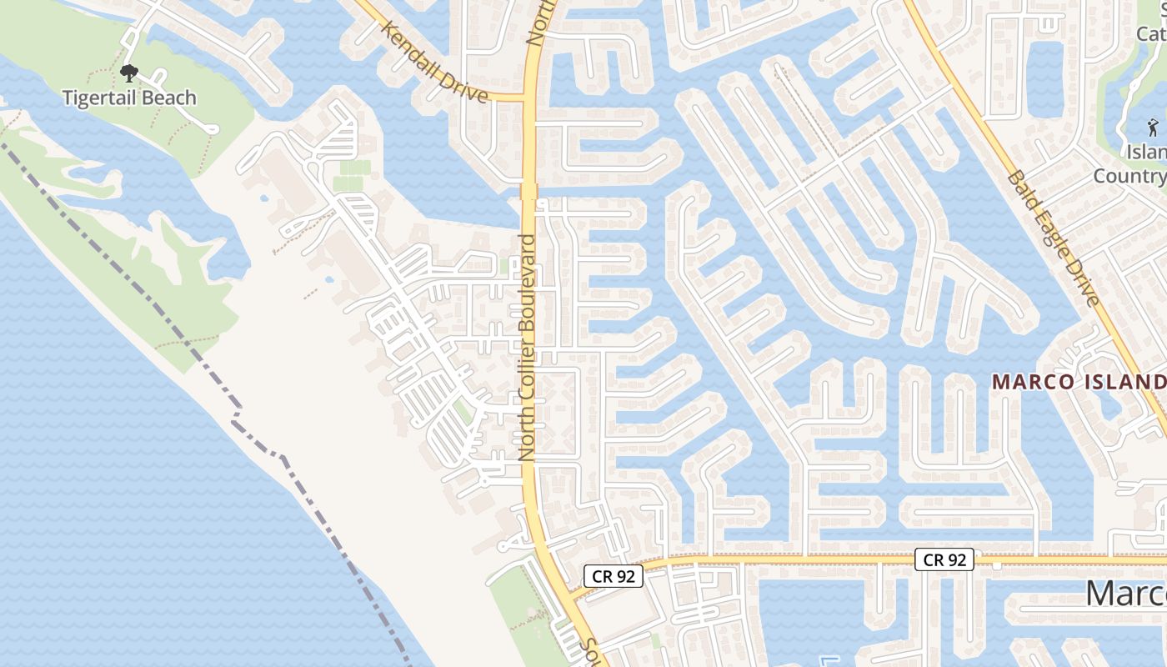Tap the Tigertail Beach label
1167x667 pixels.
pos(129,98)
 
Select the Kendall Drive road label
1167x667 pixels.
pos(434,62)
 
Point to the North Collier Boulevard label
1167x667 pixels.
pos(527,347)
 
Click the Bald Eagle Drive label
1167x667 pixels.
pos(1054,238)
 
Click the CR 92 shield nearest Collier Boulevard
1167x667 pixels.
pos(613,575)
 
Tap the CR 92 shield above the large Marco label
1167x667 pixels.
pos(944,559)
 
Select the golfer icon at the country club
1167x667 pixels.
pos(1153,128)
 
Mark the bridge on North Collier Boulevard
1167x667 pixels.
pos(528,192)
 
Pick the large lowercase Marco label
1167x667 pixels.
pos(1125,594)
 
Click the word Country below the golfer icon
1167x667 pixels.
pos(1129,176)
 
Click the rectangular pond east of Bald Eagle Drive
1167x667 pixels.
pos(1045,79)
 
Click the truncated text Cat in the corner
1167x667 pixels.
pos(1150,33)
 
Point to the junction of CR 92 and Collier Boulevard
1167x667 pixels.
pos(566,594)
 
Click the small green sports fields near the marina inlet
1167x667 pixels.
pos(353,175)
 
